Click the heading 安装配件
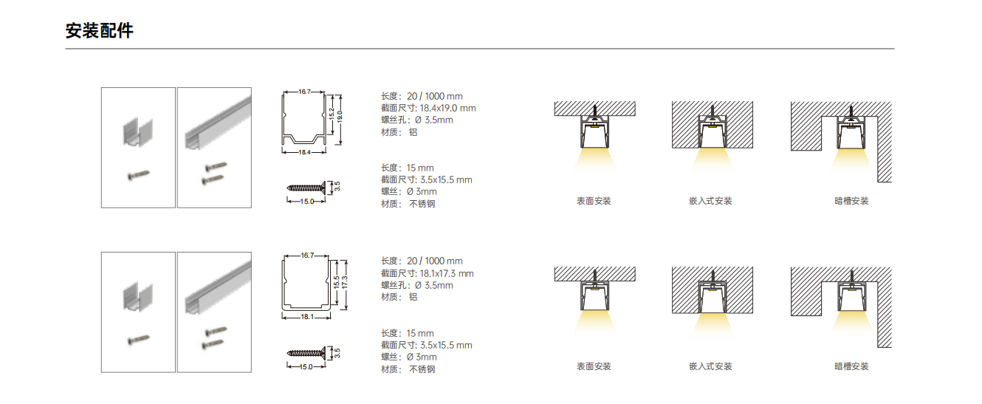click(100, 31)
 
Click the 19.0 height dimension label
click(340, 117)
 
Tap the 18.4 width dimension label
click(305, 152)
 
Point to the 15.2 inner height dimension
click(332, 114)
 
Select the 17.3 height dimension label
click(345, 282)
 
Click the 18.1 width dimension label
click(307, 317)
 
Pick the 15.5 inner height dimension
click(336, 282)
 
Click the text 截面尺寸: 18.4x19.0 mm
click(428, 109)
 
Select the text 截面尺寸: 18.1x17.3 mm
click(428, 274)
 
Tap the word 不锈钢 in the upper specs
click(422, 204)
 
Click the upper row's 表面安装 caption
click(594, 201)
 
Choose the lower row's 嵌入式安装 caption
click(710, 366)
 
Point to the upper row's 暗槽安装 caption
click(851, 201)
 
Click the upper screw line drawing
click(306, 188)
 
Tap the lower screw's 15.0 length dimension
click(306, 367)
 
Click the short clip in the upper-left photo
click(138, 131)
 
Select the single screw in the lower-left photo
click(139, 340)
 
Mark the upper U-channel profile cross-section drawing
click(303, 118)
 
